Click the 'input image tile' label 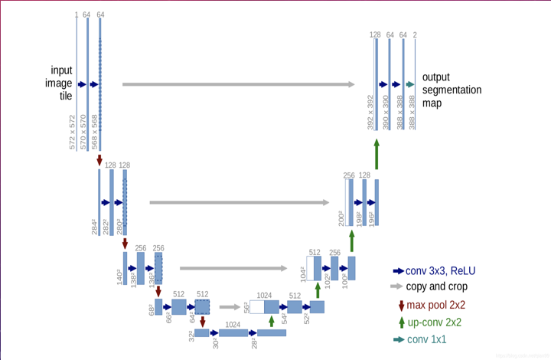[x=62, y=83]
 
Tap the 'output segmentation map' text [x=452, y=90]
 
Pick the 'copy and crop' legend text [x=436, y=286]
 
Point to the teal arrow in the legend [x=397, y=339]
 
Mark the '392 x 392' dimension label [x=370, y=113]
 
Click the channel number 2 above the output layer [x=415, y=34]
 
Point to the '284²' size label [x=95, y=224]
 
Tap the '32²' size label [x=191, y=335]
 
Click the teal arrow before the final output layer [x=409, y=84]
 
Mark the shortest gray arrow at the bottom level [x=230, y=306]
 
